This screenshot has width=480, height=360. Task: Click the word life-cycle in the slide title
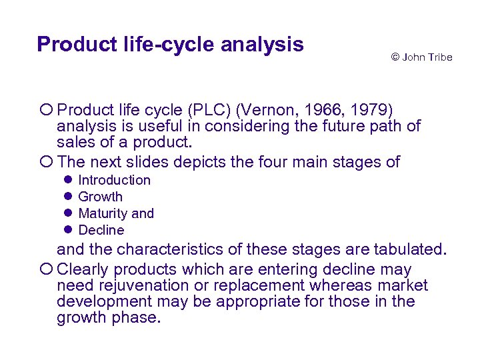[155, 45]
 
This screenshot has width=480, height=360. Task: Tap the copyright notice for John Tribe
[421, 57]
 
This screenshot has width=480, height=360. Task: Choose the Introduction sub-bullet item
[115, 180]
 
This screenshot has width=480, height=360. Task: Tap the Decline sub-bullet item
[101, 230]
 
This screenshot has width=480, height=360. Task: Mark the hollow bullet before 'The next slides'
[46, 162]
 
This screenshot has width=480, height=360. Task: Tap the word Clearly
[81, 269]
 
